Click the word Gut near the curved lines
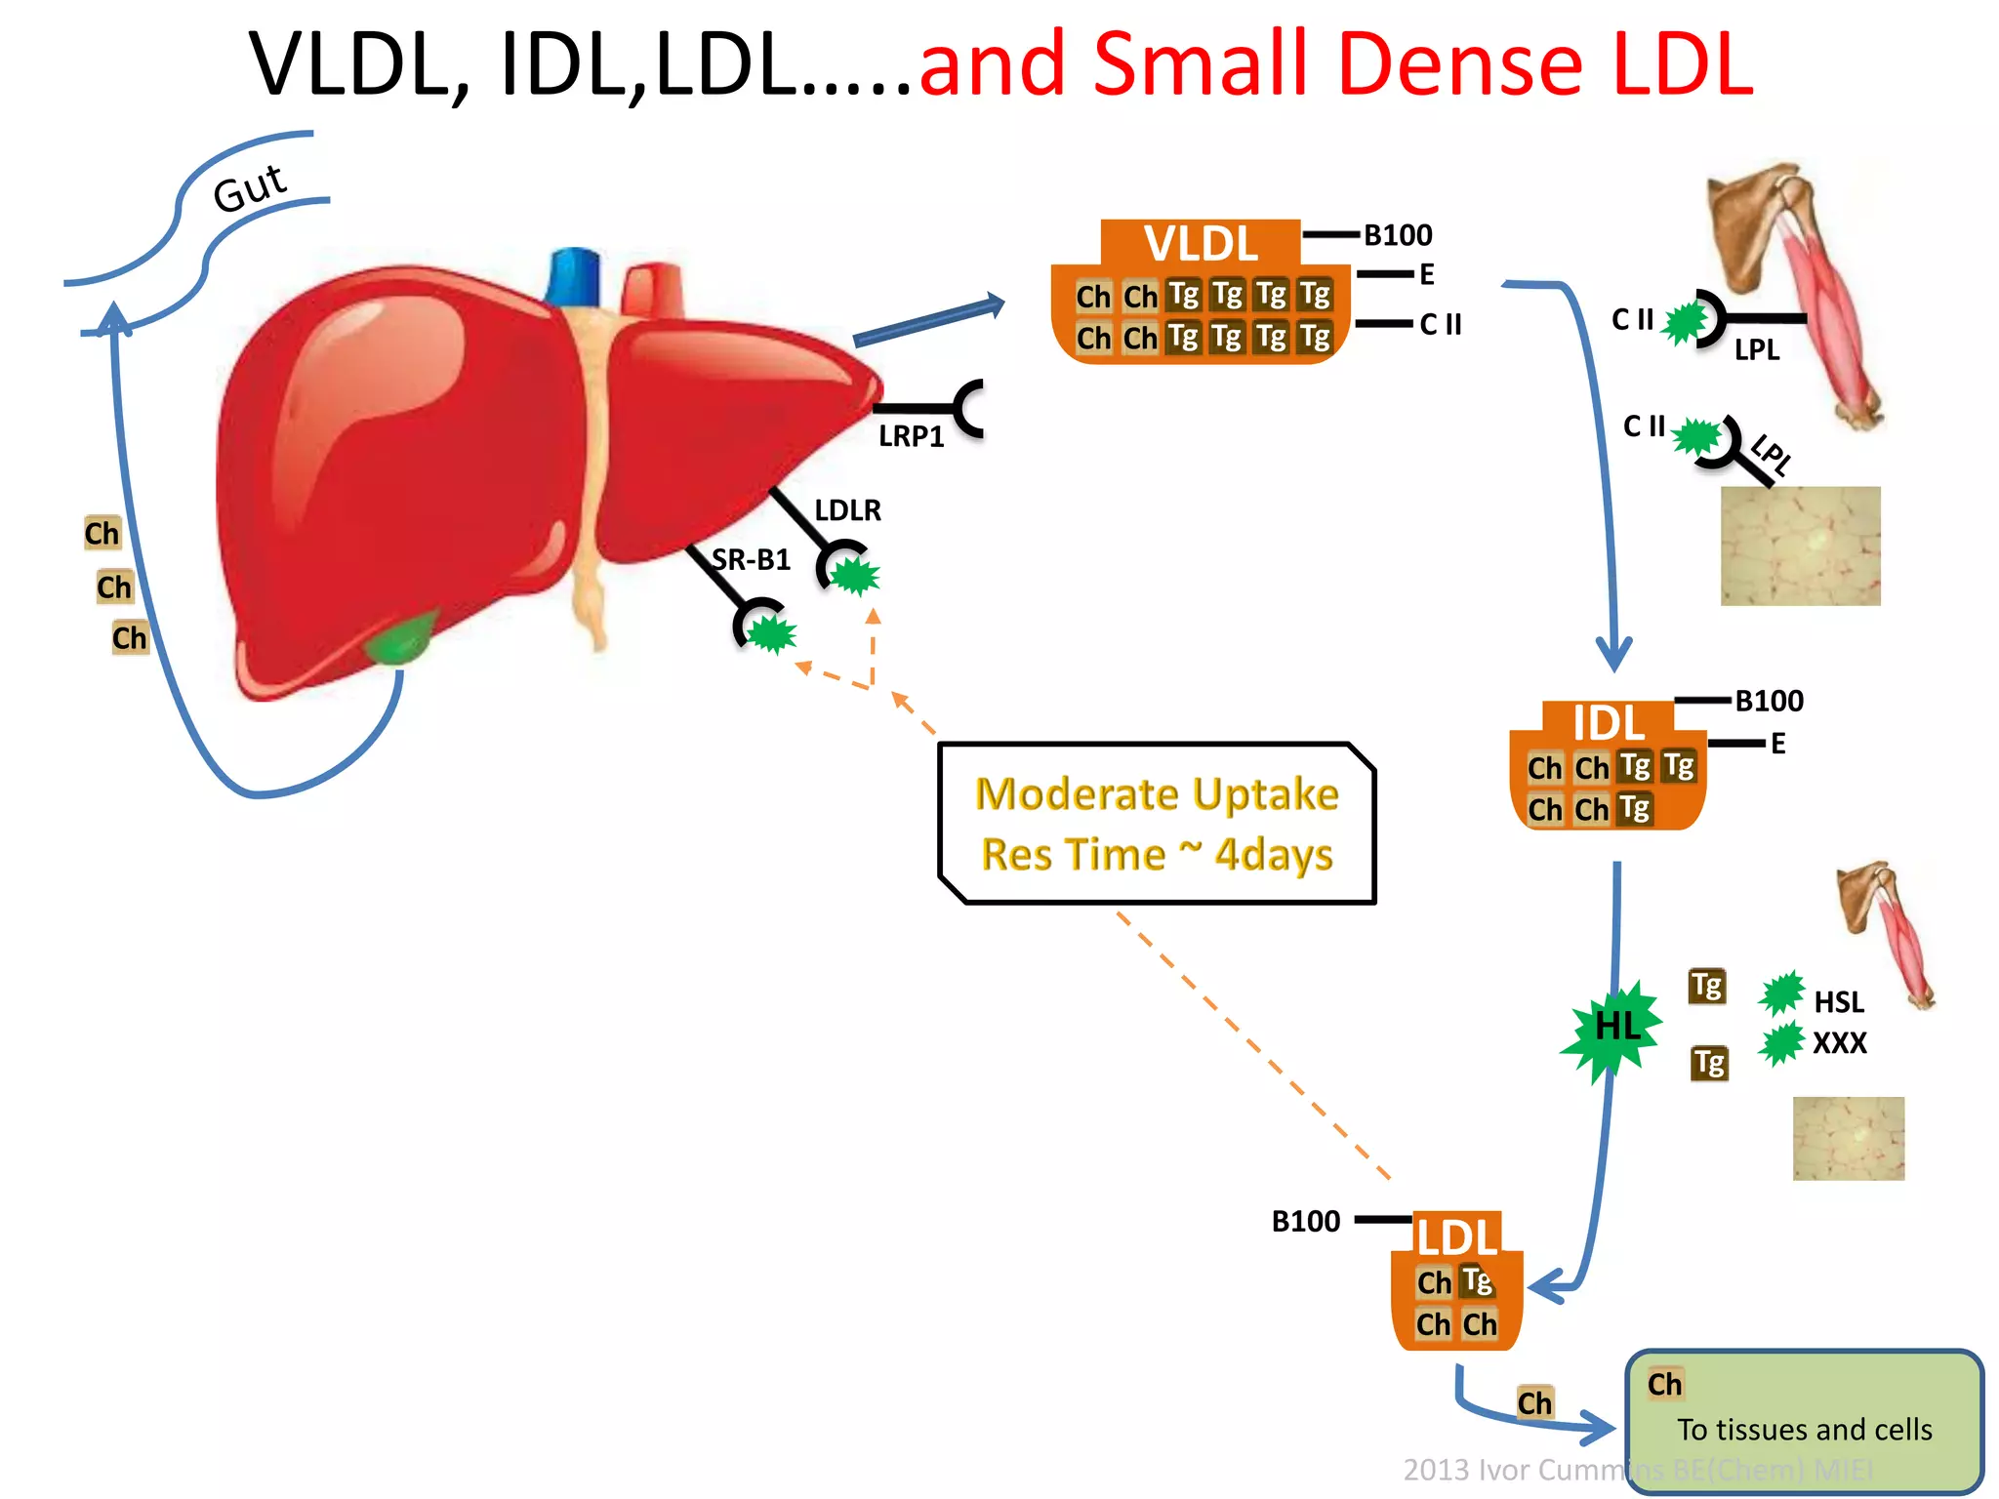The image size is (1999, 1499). [x=250, y=187]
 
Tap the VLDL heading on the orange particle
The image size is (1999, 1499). [x=1201, y=243]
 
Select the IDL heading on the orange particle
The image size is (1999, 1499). [x=1609, y=723]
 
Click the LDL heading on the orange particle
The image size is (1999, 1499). [x=1457, y=1237]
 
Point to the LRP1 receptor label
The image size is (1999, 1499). [x=911, y=436]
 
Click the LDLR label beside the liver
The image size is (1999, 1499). [x=847, y=510]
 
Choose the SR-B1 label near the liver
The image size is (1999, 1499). [x=751, y=560]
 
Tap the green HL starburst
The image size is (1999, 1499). [x=1614, y=1028]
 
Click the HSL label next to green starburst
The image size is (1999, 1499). [x=1838, y=1002]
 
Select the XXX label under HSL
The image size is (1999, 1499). [x=1839, y=1043]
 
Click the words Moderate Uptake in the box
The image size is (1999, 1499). [x=1157, y=794]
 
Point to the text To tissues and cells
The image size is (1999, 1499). [x=1804, y=1430]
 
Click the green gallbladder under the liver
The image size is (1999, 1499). [x=400, y=639]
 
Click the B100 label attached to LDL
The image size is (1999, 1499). [x=1306, y=1222]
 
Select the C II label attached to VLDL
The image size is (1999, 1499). [x=1440, y=324]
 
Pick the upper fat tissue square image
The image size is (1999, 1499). [x=1800, y=546]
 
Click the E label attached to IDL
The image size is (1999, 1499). [x=1778, y=744]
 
